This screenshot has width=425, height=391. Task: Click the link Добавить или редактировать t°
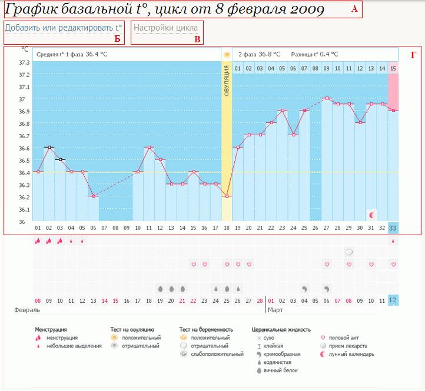coord(64,28)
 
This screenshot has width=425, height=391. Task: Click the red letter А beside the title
coord(354,9)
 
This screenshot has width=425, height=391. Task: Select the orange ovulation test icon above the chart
coord(227,55)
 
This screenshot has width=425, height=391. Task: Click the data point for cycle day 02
coord(49,147)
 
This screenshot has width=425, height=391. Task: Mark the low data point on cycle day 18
coord(227,196)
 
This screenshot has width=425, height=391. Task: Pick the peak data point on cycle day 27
coord(327,98)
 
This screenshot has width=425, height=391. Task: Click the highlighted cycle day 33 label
coord(393,228)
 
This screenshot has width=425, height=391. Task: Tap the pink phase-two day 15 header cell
coord(393,69)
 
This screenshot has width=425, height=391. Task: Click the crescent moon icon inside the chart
coord(371,215)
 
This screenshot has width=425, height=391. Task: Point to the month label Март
coord(277,309)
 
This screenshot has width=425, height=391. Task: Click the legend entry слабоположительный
coord(221,355)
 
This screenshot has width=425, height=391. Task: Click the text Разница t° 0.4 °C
coord(317,54)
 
